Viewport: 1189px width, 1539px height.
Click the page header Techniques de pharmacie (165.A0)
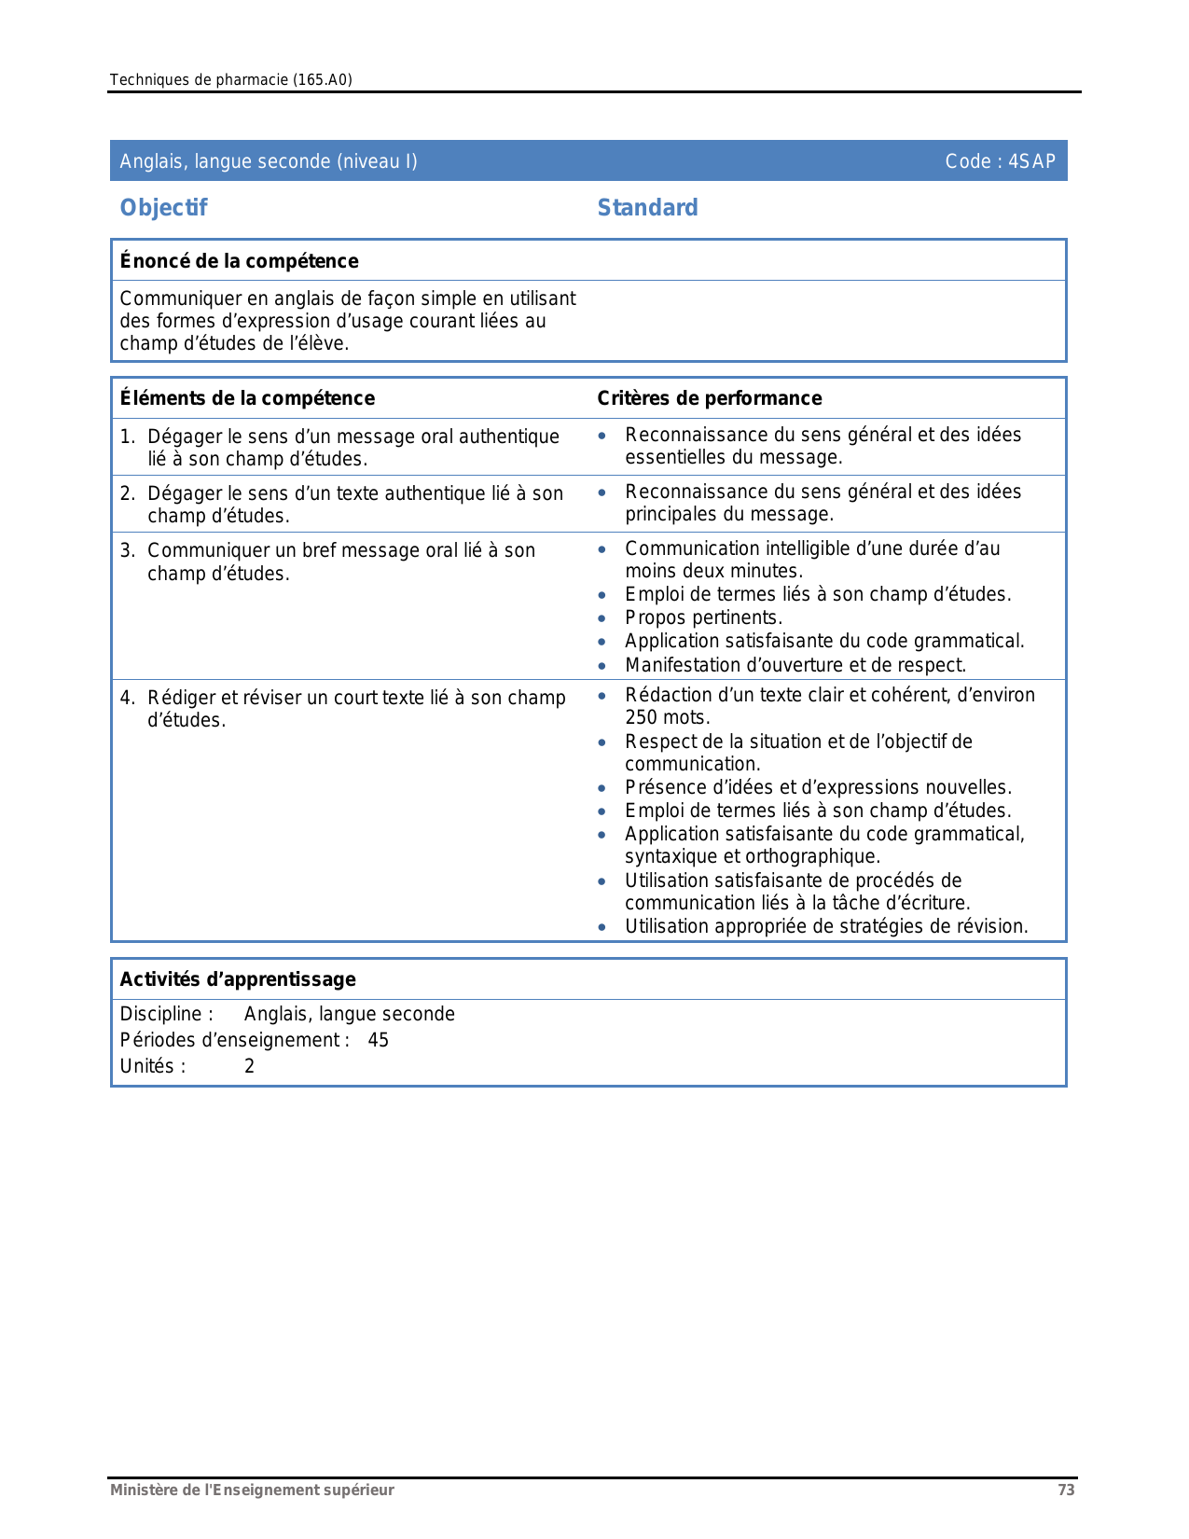[x=230, y=79]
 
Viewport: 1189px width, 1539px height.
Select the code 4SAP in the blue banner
[x=1031, y=161]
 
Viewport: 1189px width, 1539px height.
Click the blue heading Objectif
[x=163, y=207]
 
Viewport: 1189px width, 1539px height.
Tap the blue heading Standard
[x=647, y=207]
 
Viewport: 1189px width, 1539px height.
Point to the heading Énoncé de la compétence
[x=239, y=261]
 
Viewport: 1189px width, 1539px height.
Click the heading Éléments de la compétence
[x=247, y=398]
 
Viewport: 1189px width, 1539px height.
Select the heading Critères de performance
[x=709, y=398]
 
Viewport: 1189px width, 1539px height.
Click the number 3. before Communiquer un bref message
[x=128, y=550]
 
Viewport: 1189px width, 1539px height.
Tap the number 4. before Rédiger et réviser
[x=128, y=698]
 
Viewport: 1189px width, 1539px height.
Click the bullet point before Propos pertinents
[x=602, y=618]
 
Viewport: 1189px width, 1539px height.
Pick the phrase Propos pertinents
[x=703, y=617]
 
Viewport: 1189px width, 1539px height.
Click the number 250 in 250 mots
[x=641, y=717]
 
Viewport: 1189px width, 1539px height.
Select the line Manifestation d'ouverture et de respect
[x=795, y=665]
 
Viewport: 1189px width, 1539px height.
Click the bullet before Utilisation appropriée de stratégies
[x=602, y=927]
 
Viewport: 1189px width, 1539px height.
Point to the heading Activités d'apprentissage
[x=238, y=979]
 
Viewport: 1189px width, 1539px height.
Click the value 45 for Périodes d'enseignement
[x=378, y=1040]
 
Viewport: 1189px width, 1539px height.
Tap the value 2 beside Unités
[x=249, y=1066]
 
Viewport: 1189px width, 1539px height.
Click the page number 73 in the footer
[x=1066, y=1490]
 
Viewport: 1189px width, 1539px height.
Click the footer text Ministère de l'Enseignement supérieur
[x=252, y=1490]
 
